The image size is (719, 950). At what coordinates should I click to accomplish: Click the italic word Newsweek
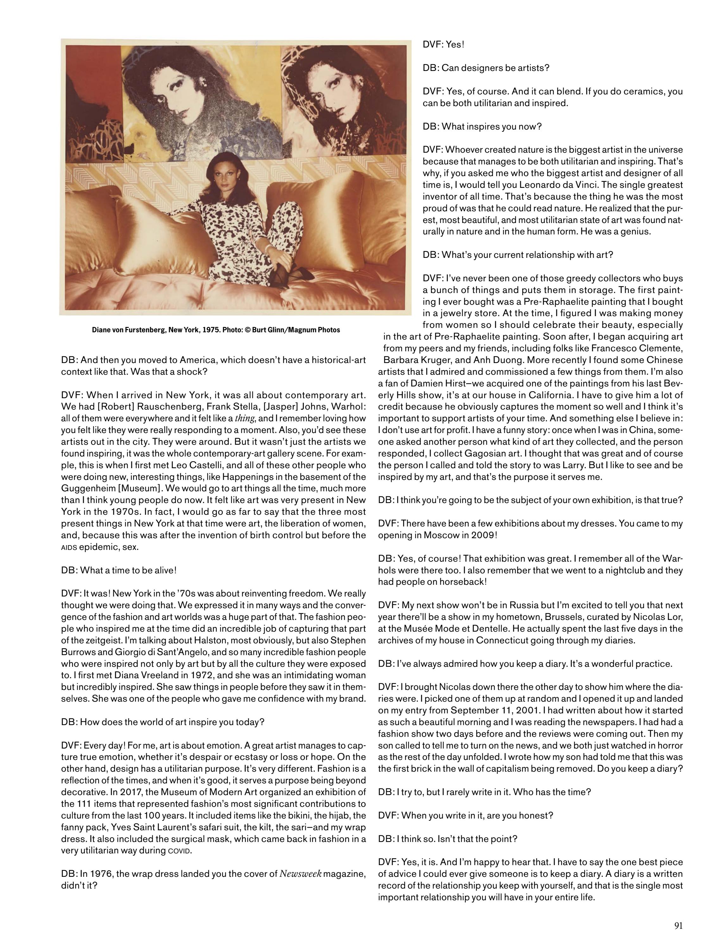[x=300, y=874]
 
